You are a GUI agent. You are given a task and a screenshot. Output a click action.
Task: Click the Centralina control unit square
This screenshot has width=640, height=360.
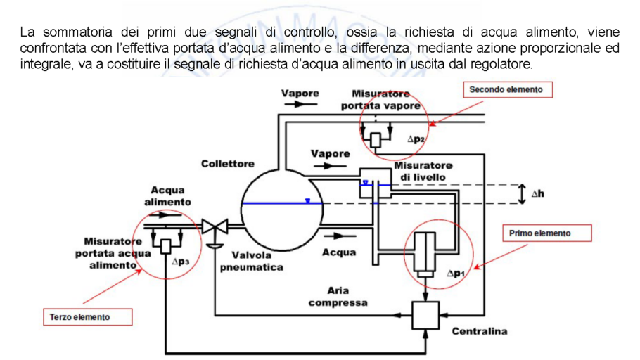click(x=425, y=314)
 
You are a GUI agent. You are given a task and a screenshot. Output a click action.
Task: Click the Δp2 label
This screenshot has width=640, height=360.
click(x=416, y=139)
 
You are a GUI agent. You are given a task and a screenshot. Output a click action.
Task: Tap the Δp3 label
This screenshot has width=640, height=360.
click(x=181, y=261)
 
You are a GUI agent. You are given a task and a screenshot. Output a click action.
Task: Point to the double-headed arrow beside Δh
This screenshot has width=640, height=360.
click(x=521, y=194)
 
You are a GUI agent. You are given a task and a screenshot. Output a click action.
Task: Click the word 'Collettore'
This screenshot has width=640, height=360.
click(x=228, y=163)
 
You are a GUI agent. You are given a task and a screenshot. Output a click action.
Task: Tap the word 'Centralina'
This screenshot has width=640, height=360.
click(x=479, y=330)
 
